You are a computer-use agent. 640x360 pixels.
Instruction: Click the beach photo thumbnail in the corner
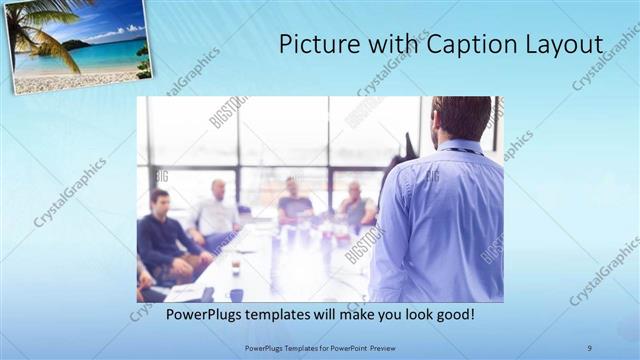pos(81,45)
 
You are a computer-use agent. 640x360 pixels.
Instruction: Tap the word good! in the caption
pos(451,314)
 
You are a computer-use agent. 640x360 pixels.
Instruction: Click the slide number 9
pos(590,347)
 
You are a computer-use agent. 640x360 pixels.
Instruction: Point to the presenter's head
pos(461,118)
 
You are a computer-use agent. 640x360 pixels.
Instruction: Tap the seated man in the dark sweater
pos(165,240)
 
